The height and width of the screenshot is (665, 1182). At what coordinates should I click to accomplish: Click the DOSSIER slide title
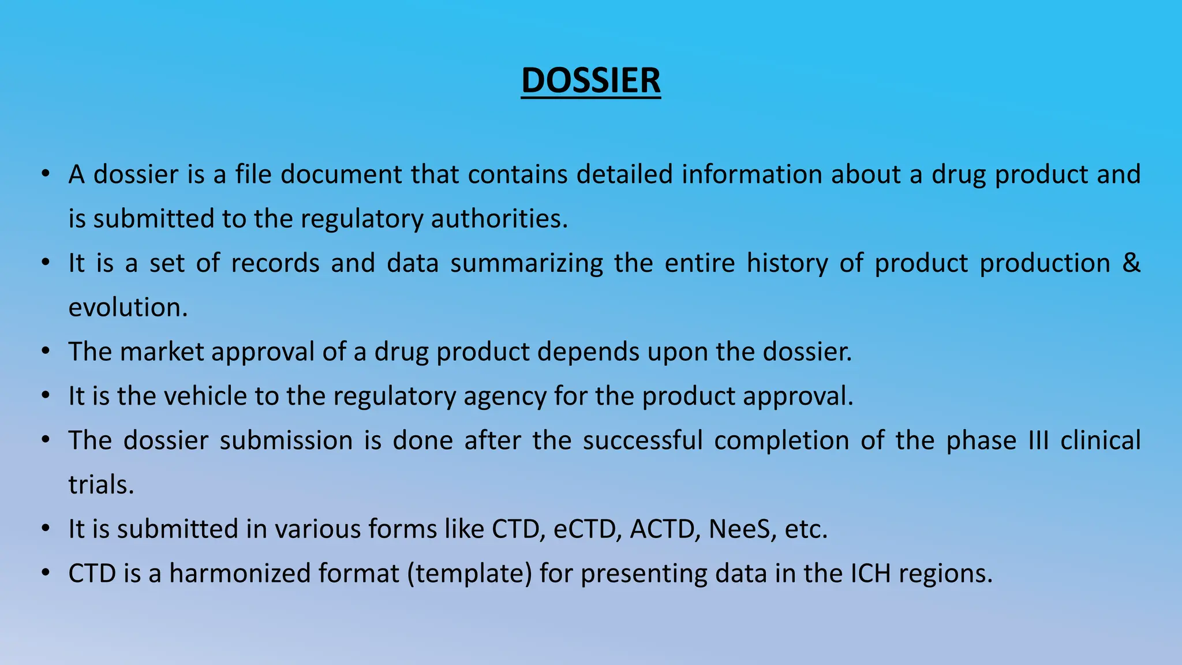590,80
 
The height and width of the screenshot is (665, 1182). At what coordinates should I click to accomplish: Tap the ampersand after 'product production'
1131,263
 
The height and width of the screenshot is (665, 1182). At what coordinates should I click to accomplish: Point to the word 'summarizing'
526,263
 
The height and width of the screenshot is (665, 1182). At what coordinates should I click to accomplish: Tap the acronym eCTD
587,529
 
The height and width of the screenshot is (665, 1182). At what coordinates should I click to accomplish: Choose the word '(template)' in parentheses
469,574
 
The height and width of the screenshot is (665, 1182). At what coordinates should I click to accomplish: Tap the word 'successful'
642,440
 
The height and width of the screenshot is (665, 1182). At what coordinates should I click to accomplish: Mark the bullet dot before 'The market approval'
46,351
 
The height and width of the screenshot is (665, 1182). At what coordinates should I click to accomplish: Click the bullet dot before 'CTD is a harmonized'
46,573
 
